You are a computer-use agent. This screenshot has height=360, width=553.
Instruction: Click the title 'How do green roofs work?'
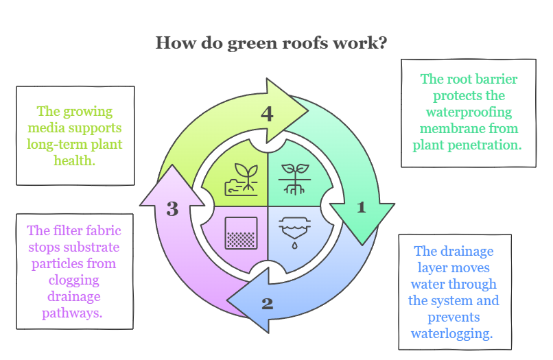(x=271, y=43)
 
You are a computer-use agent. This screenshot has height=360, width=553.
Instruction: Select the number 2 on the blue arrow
(x=268, y=303)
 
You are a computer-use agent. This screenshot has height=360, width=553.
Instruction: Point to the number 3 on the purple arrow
(x=172, y=209)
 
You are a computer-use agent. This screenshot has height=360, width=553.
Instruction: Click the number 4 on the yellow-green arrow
(x=267, y=114)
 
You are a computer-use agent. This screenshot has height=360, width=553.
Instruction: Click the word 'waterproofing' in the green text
(x=469, y=112)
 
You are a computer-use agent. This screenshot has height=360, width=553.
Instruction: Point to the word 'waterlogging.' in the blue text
(x=451, y=334)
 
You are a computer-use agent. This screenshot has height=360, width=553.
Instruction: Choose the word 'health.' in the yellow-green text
(x=74, y=161)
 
